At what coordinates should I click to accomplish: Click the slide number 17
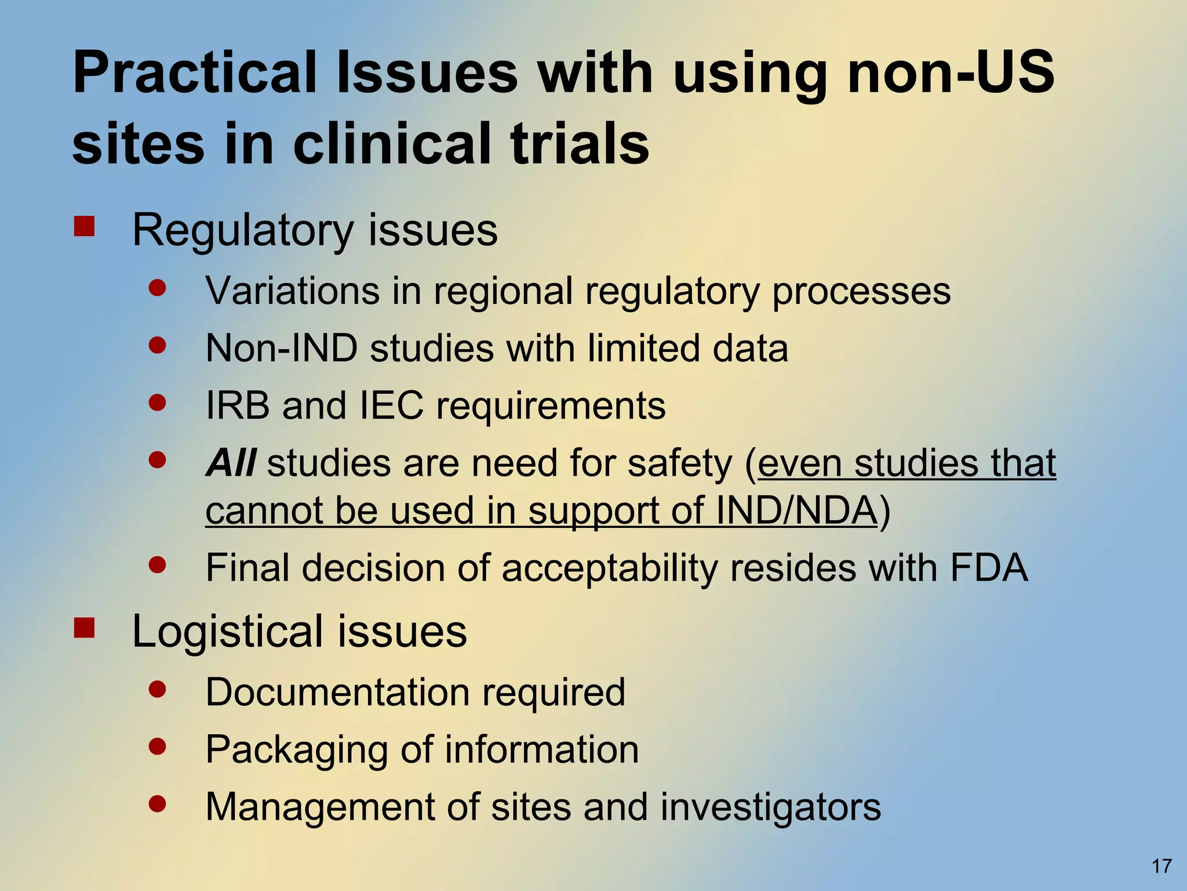[1161, 866]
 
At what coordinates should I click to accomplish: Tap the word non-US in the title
[951, 73]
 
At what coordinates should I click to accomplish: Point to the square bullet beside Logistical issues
[85, 628]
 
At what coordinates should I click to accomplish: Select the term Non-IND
[281, 348]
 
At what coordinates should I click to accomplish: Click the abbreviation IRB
[238, 405]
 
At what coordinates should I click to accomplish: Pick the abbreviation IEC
[392, 405]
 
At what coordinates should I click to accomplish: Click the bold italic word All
[231, 463]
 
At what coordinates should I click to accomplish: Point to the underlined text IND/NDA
[796, 510]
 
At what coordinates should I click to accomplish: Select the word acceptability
[609, 568]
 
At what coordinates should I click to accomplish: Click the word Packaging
[296, 750]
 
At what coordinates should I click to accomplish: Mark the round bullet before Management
[157, 803]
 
